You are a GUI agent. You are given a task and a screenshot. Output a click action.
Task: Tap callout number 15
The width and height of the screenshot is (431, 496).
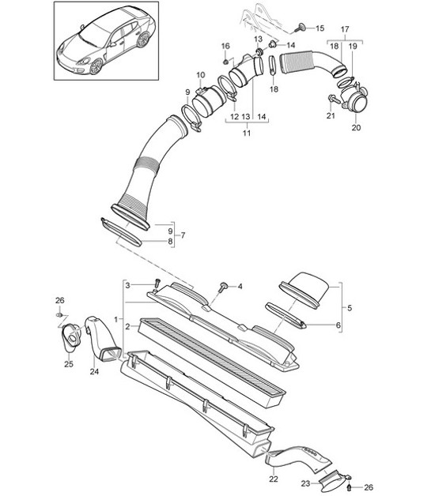pyautogui.click(x=320, y=28)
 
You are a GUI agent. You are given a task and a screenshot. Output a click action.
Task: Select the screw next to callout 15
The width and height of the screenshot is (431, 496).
pyautogui.click(x=301, y=28)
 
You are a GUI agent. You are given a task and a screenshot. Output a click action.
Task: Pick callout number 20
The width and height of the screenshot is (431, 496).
pyautogui.click(x=354, y=127)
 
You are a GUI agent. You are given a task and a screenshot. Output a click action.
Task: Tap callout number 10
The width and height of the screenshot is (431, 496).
pyautogui.click(x=199, y=75)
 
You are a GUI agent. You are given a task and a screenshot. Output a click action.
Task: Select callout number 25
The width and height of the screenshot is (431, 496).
pyautogui.click(x=67, y=364)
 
